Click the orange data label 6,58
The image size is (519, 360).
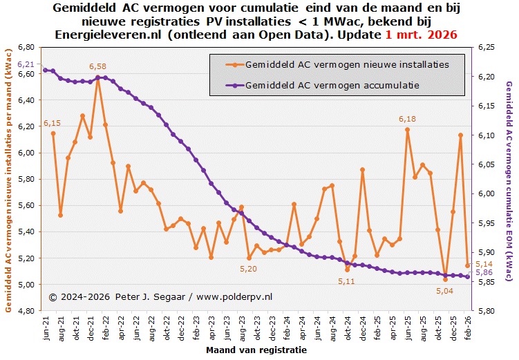pos(98,66)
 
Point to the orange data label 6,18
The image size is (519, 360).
pos(407,120)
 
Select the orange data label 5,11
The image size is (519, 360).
pos(346,281)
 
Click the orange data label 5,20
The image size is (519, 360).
pos(248,269)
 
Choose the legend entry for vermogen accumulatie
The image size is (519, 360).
pos(332,85)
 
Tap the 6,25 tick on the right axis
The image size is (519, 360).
pos(486,47)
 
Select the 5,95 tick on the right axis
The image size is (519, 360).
pos(486,223)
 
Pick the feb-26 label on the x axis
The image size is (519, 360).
pos(468,327)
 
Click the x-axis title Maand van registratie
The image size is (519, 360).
pos(256,350)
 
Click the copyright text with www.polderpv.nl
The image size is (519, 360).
pos(161,296)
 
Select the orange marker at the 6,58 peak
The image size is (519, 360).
pos(98,77)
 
